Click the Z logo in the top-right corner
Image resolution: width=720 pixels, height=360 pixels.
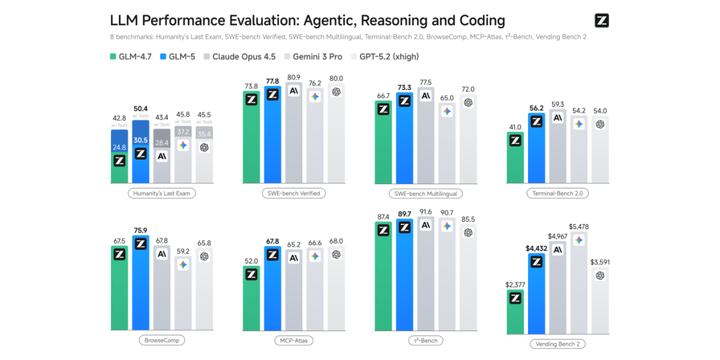pyautogui.click(x=601, y=20)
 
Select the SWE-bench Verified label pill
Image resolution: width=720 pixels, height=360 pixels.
pyautogui.click(x=295, y=193)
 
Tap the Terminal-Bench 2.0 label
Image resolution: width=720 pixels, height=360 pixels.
pyautogui.click(x=558, y=193)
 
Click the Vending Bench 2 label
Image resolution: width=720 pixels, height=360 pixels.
pyautogui.click(x=558, y=344)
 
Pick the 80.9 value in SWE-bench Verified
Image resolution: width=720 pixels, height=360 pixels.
pyautogui.click(x=293, y=77)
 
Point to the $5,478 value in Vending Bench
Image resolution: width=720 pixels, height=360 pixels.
pyautogui.click(x=579, y=226)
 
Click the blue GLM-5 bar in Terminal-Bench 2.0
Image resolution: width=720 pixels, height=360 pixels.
pyautogui.click(x=536, y=148)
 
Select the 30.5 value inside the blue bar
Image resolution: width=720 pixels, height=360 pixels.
pyautogui.click(x=141, y=140)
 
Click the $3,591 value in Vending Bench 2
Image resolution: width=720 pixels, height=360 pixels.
pyautogui.click(x=600, y=262)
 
